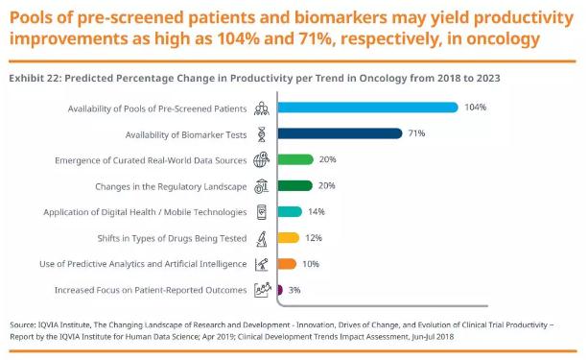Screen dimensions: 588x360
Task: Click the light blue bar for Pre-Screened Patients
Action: click(x=368, y=108)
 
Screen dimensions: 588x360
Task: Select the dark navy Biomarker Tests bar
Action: click(x=340, y=133)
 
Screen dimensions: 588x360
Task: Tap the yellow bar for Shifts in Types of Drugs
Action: click(x=289, y=238)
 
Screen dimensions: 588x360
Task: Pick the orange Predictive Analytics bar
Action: click(x=287, y=264)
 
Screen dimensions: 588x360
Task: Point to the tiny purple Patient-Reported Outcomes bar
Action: click(x=280, y=290)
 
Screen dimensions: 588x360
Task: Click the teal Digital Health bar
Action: click(x=290, y=212)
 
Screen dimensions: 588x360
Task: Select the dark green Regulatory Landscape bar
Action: click(x=294, y=186)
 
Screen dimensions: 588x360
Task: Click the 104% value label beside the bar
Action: click(x=476, y=108)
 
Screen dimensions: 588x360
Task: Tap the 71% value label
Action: click(x=416, y=133)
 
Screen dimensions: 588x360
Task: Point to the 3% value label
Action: click(x=294, y=290)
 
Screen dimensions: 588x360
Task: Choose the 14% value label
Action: click(x=317, y=212)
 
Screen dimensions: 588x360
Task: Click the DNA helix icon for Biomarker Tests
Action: click(x=262, y=134)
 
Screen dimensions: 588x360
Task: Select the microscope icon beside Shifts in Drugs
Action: click(x=262, y=239)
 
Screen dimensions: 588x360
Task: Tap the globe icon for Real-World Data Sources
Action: click(x=261, y=160)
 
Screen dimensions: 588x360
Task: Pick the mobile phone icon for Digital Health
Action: click(x=262, y=212)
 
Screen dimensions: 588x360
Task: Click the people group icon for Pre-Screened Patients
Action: click(x=261, y=108)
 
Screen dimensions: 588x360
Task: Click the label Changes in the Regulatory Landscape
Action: click(x=171, y=186)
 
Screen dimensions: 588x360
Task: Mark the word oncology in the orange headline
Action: click(x=504, y=38)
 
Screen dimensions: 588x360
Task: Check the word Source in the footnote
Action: click(x=22, y=325)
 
